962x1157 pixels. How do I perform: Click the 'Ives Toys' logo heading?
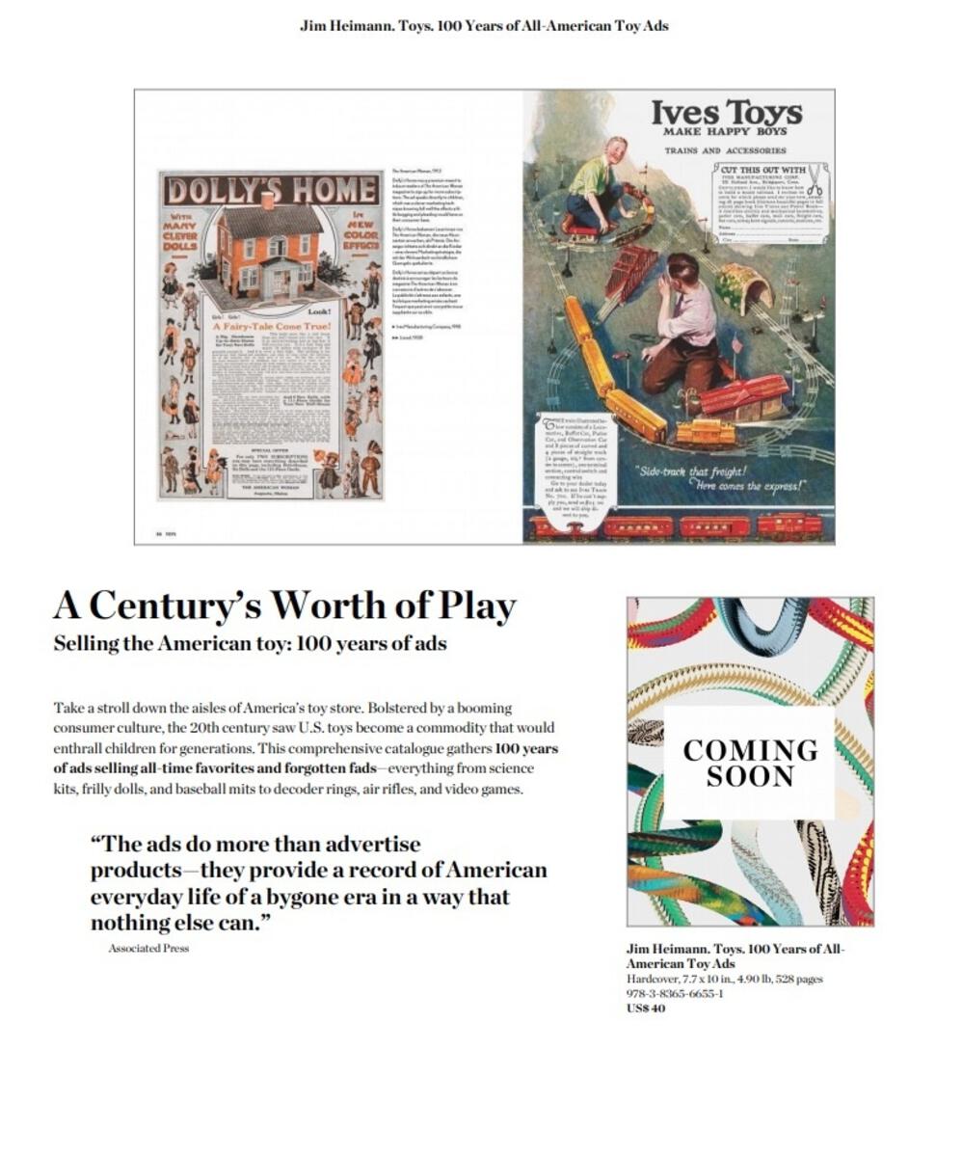pos(726,113)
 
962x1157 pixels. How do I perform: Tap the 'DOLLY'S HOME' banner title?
pos(271,190)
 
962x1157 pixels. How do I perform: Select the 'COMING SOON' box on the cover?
pos(750,763)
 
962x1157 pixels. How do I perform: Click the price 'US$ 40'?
pos(646,1009)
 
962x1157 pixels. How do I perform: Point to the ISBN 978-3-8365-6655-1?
pos(675,994)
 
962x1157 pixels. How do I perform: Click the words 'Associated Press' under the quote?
pos(148,949)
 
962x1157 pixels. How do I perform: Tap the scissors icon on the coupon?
pos(816,178)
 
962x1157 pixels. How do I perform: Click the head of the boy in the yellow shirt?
pos(612,150)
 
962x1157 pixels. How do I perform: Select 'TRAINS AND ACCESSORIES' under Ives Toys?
pos(725,151)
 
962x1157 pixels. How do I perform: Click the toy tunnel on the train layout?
pos(745,286)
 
